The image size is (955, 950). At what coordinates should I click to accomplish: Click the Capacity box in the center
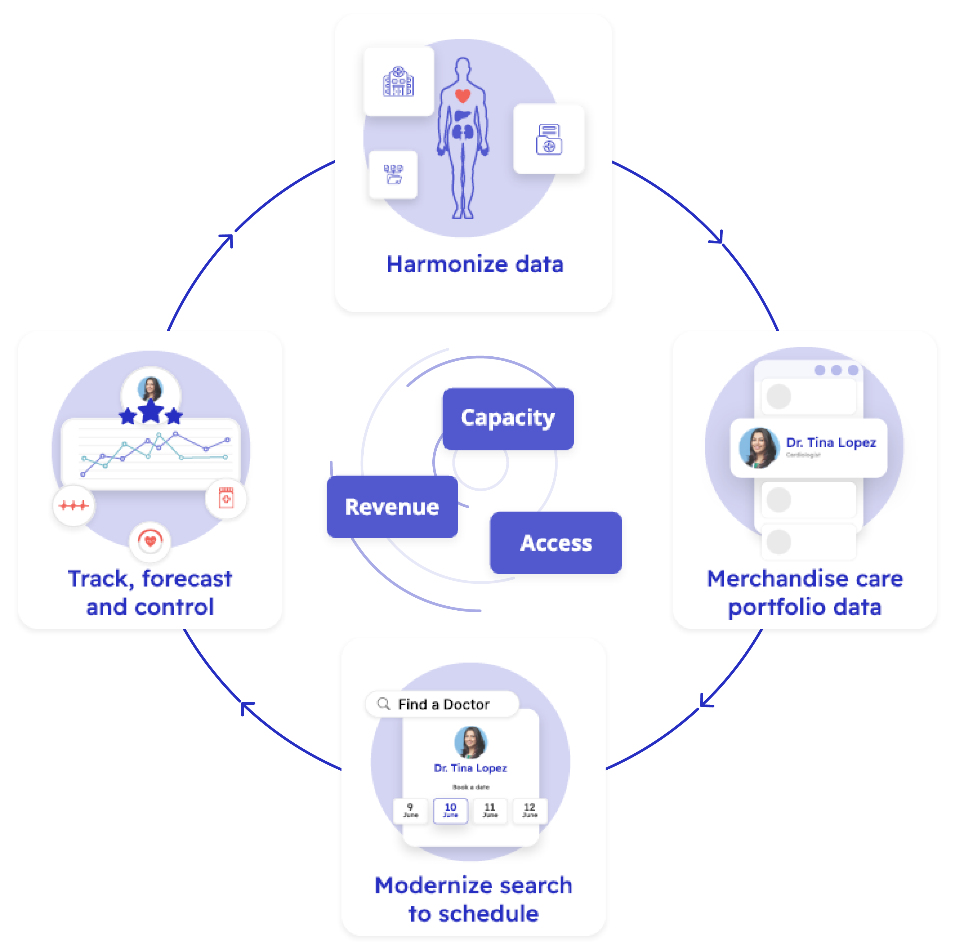(x=507, y=418)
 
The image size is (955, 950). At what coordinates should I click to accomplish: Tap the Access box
(x=556, y=543)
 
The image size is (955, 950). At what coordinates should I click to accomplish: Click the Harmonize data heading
(x=474, y=264)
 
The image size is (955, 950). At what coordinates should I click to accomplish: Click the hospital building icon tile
(x=398, y=82)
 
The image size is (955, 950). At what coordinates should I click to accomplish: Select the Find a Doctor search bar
(x=443, y=704)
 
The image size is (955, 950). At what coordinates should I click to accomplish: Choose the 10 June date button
(x=450, y=810)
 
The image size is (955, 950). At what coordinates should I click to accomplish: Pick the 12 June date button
(x=529, y=810)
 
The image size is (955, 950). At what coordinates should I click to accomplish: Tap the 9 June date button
(x=410, y=810)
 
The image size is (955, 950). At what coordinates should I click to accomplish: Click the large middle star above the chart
(x=151, y=411)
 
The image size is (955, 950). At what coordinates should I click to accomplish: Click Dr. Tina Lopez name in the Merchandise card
(x=831, y=443)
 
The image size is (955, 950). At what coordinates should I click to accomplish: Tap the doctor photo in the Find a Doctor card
(x=471, y=742)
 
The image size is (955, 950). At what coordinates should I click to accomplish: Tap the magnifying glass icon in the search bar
(x=383, y=704)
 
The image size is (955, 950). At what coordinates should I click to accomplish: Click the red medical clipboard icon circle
(x=226, y=498)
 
